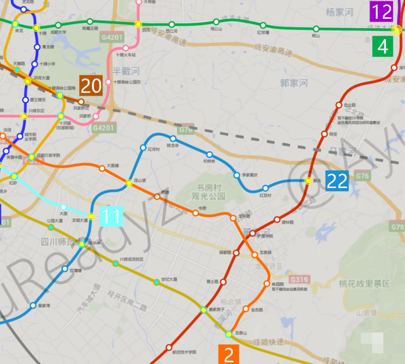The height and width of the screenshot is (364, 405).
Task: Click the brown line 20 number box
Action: (91, 86)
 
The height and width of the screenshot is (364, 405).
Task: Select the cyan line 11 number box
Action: (111, 216)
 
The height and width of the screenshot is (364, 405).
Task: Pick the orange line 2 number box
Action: (229, 355)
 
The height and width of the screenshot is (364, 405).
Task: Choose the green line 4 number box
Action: (383, 47)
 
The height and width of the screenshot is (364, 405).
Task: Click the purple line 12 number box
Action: (381, 11)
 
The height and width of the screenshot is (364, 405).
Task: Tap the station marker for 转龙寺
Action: (173, 138)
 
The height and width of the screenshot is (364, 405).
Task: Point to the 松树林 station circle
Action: (210, 154)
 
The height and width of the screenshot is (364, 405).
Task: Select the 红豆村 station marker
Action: (265, 188)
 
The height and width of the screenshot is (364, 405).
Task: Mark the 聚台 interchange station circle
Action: (308, 181)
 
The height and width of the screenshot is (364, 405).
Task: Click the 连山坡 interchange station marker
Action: (129, 183)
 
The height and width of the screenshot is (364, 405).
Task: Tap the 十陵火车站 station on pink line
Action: (125, 48)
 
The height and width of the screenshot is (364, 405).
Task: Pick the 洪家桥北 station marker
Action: (81, 102)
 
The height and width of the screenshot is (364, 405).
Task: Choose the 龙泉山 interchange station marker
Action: (228, 334)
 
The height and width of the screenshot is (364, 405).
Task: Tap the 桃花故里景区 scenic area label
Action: (364, 283)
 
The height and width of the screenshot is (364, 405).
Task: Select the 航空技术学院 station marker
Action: (169, 348)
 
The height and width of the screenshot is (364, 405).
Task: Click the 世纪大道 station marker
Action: (156, 283)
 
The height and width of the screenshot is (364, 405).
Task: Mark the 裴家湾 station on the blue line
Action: (33, 305)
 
